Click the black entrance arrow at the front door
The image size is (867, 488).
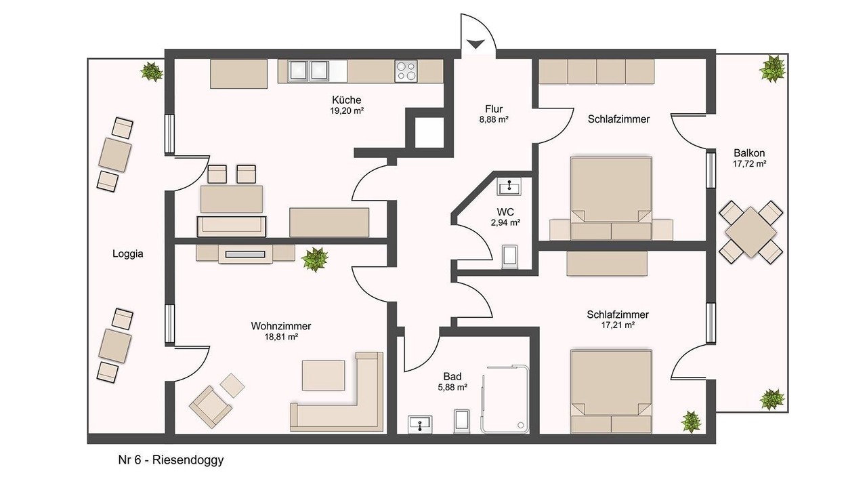tap(476, 44)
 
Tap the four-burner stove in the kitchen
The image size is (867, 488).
tap(406, 71)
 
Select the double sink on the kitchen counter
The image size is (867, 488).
tap(308, 71)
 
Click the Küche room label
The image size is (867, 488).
tap(346, 100)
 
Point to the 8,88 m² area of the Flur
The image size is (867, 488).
tap(494, 120)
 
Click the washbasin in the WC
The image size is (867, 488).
tap(509, 186)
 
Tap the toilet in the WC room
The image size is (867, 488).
tap(510, 256)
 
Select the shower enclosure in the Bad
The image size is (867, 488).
tap(505, 399)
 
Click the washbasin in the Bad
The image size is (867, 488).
tap(420, 424)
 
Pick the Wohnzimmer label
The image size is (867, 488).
tap(280, 326)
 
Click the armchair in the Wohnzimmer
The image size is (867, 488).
tap(211, 407)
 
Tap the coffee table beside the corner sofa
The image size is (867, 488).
tap(323, 375)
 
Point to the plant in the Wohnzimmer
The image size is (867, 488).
tap(315, 259)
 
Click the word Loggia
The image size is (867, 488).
tap(128, 254)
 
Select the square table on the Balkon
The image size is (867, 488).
tap(750, 232)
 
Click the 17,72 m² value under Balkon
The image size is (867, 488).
tap(749, 164)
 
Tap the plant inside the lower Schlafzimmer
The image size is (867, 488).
tap(692, 422)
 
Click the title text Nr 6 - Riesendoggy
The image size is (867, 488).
tap(171, 460)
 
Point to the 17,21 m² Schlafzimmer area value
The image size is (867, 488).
tap(618, 325)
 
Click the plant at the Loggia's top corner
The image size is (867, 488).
tap(151, 71)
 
